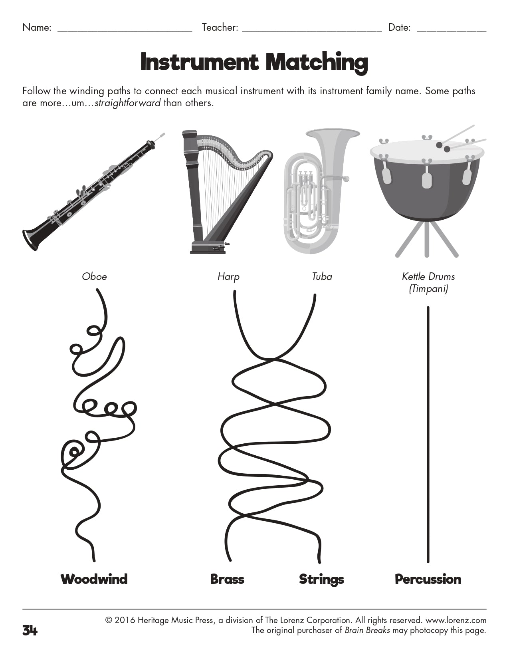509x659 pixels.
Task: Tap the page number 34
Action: click(x=30, y=631)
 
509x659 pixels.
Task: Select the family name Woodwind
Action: click(x=94, y=579)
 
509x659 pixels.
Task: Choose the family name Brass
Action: click(x=227, y=579)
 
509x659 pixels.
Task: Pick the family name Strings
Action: click(x=321, y=579)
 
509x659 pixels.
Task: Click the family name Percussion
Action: click(x=428, y=579)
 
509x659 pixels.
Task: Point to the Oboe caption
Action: click(x=94, y=276)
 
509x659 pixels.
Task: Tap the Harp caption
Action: click(x=228, y=276)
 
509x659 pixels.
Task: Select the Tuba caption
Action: click(x=322, y=276)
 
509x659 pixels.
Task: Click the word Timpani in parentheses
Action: click(x=428, y=288)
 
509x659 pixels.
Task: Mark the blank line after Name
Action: click(x=125, y=30)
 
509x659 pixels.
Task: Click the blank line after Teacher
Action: click(x=312, y=30)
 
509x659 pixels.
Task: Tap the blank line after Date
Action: click(x=451, y=30)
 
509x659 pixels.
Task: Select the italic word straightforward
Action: click(x=128, y=103)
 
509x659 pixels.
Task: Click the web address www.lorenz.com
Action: click(x=456, y=620)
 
